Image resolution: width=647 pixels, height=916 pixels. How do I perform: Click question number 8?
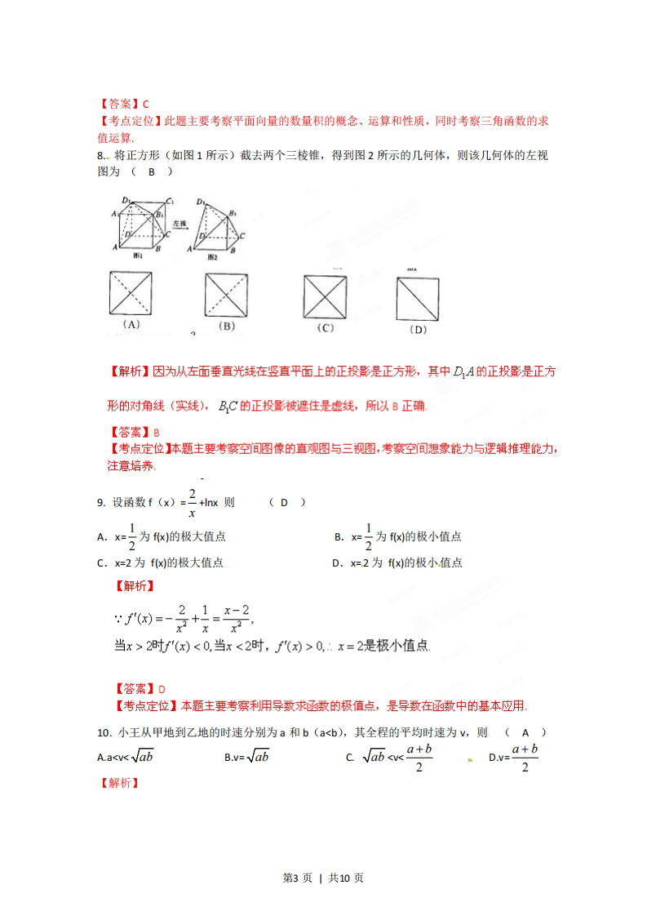(x=100, y=156)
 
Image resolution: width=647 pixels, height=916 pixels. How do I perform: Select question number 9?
(x=100, y=503)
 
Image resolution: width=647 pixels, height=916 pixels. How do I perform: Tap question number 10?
(x=103, y=732)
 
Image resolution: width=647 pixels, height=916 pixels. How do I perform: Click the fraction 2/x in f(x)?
(x=192, y=503)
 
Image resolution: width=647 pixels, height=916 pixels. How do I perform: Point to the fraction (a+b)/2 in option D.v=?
(x=525, y=757)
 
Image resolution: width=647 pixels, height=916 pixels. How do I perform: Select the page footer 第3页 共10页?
(x=323, y=878)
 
